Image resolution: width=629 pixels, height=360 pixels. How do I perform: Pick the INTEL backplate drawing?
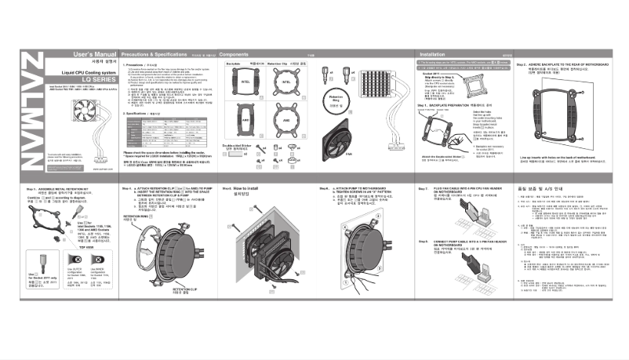tap(245, 82)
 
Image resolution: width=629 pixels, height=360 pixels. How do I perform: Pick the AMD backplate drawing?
tap(245, 122)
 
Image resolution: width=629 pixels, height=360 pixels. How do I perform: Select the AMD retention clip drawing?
tap(288, 122)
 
